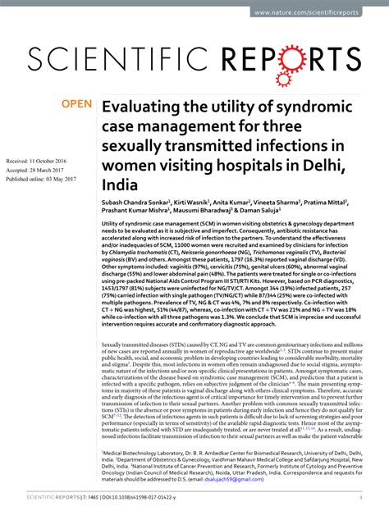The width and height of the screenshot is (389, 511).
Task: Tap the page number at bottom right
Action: coord(361,498)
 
